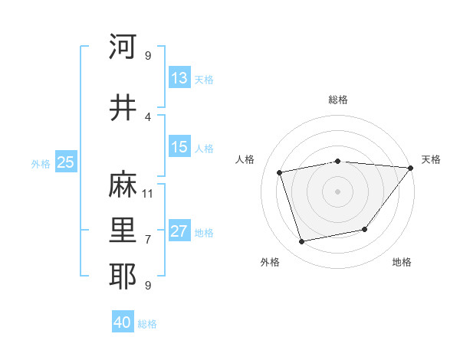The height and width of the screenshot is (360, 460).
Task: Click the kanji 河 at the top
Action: pos(123,47)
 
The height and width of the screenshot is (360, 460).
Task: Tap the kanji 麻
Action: pos(123,185)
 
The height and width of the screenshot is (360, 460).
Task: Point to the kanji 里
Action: pos(123,231)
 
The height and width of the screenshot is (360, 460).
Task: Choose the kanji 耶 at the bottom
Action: pos(123,277)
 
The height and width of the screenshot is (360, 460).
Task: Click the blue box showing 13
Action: pos(179,78)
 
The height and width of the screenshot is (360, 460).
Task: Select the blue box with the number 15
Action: pos(179,147)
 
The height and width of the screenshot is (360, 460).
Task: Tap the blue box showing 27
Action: pos(179,232)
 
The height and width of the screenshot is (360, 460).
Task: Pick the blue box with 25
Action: pos(66,162)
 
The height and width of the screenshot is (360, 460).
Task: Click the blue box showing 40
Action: pos(123,322)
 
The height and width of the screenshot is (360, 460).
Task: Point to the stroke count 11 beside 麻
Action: pos(148,193)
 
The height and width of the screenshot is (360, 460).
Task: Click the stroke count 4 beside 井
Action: pos(148,116)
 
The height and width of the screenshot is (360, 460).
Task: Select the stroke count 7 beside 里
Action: pos(148,239)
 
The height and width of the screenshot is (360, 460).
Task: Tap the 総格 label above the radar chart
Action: pos(337,100)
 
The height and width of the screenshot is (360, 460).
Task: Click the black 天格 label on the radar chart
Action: pos(431,159)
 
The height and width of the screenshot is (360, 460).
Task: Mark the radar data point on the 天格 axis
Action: pos(411,168)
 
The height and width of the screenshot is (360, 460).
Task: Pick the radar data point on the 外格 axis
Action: pos(302,242)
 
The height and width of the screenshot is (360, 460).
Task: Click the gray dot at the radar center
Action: pos(337,191)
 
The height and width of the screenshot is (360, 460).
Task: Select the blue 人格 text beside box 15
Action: pos(204,149)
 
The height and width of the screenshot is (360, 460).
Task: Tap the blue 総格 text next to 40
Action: pos(147,324)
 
